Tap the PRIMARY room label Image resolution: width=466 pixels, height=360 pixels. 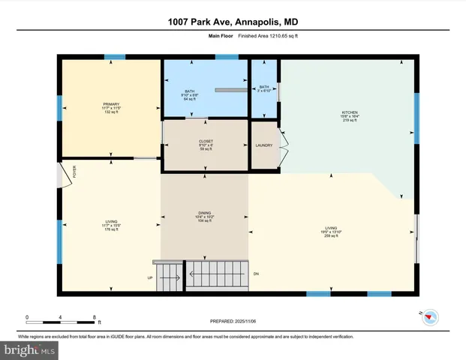click(x=112, y=104)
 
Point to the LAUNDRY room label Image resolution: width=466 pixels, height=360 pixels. click(x=263, y=145)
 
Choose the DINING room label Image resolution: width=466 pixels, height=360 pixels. click(x=205, y=212)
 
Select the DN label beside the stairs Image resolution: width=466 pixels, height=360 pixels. click(x=256, y=273)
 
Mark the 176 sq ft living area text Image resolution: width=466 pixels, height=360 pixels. click(x=112, y=230)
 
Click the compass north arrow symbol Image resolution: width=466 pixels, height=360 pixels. click(x=428, y=316)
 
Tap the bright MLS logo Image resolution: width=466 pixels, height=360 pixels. click(x=29, y=349)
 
